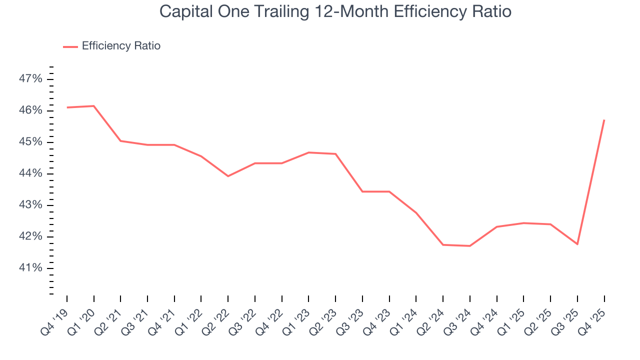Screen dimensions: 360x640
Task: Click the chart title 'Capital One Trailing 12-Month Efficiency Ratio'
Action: (x=335, y=11)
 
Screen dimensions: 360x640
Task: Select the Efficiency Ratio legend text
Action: (x=121, y=46)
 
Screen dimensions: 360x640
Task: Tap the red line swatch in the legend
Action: (x=70, y=46)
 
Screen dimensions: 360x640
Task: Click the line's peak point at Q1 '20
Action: (x=94, y=106)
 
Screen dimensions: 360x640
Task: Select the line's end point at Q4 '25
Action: (x=604, y=120)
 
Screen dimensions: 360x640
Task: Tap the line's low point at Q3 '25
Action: (x=577, y=244)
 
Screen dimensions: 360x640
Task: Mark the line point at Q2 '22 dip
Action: (x=228, y=176)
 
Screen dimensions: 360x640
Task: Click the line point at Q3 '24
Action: (x=470, y=246)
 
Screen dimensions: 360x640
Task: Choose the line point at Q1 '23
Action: (x=308, y=152)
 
